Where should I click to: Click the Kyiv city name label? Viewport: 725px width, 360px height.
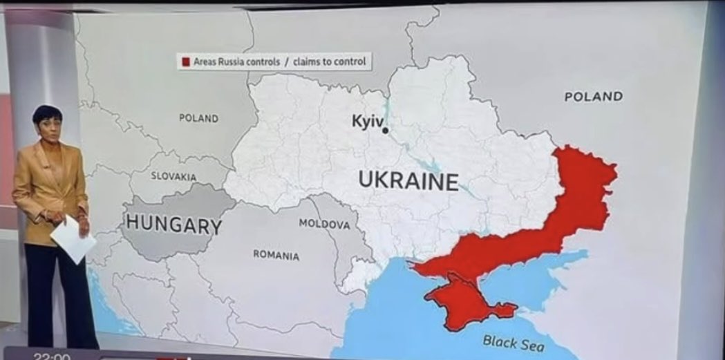(x=366, y=120)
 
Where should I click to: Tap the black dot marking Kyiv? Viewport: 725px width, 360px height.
(x=385, y=129)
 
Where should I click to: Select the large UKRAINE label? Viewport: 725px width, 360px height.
(x=408, y=180)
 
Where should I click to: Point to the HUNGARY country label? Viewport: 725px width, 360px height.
(x=173, y=225)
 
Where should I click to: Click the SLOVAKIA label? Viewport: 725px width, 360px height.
(x=174, y=176)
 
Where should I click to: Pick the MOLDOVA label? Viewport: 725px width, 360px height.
(x=324, y=224)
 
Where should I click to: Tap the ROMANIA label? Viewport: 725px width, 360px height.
(x=276, y=255)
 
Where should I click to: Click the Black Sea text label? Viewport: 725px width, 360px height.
(x=513, y=341)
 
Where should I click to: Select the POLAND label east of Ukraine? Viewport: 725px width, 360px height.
(x=593, y=97)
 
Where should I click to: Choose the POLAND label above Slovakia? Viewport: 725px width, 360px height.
(x=198, y=118)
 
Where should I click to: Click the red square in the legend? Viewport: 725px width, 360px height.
(x=185, y=62)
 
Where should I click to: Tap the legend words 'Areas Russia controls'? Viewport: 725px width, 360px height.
(x=236, y=62)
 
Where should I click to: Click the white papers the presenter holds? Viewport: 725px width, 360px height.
(x=73, y=238)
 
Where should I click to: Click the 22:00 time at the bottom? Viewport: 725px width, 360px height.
(x=52, y=357)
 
